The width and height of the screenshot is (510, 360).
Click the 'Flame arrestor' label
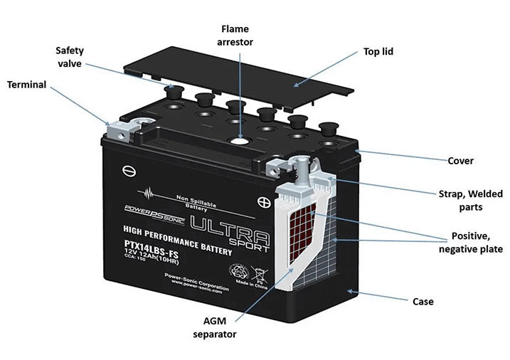(x=237, y=35)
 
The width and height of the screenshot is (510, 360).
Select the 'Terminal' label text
(x=26, y=85)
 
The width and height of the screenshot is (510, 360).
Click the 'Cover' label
(x=460, y=160)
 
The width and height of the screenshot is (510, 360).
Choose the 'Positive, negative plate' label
(x=471, y=242)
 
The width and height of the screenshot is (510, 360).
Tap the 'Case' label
(x=423, y=302)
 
